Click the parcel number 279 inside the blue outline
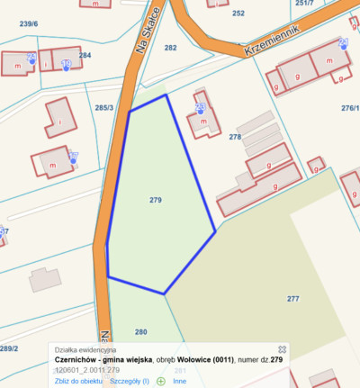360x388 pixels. tap(155, 200)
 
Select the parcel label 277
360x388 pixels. tap(292, 298)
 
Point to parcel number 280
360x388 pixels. tap(140, 332)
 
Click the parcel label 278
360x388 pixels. tap(235, 137)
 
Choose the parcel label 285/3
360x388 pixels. tap(104, 108)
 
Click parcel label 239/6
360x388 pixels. tap(29, 24)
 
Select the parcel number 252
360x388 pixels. tap(238, 14)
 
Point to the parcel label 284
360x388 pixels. tap(85, 56)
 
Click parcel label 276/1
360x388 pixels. tap(349, 108)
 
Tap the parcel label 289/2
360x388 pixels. tap(8, 348)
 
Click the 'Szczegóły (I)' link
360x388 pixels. tap(129, 381)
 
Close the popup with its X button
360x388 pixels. tap(281, 348)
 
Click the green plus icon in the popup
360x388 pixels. tap(161, 381)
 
